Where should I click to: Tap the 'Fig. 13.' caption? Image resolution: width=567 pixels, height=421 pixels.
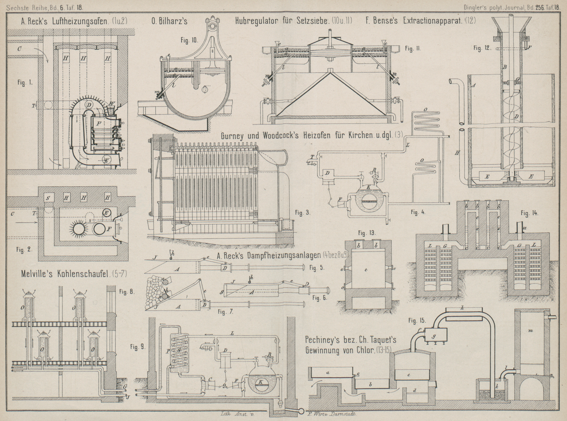pyautogui.click(x=367, y=233)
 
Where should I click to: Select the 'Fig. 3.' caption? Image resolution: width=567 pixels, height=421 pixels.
pyautogui.click(x=303, y=212)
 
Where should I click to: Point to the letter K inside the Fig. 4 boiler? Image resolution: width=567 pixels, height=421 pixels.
pyautogui.click(x=368, y=187)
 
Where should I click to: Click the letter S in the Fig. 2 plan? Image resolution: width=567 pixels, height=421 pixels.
pyautogui.click(x=48, y=198)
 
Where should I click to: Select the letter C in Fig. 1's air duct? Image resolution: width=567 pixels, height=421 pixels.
pyautogui.click(x=19, y=49)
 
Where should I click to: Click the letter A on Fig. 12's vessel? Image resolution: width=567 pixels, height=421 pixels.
pyautogui.click(x=473, y=85)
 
